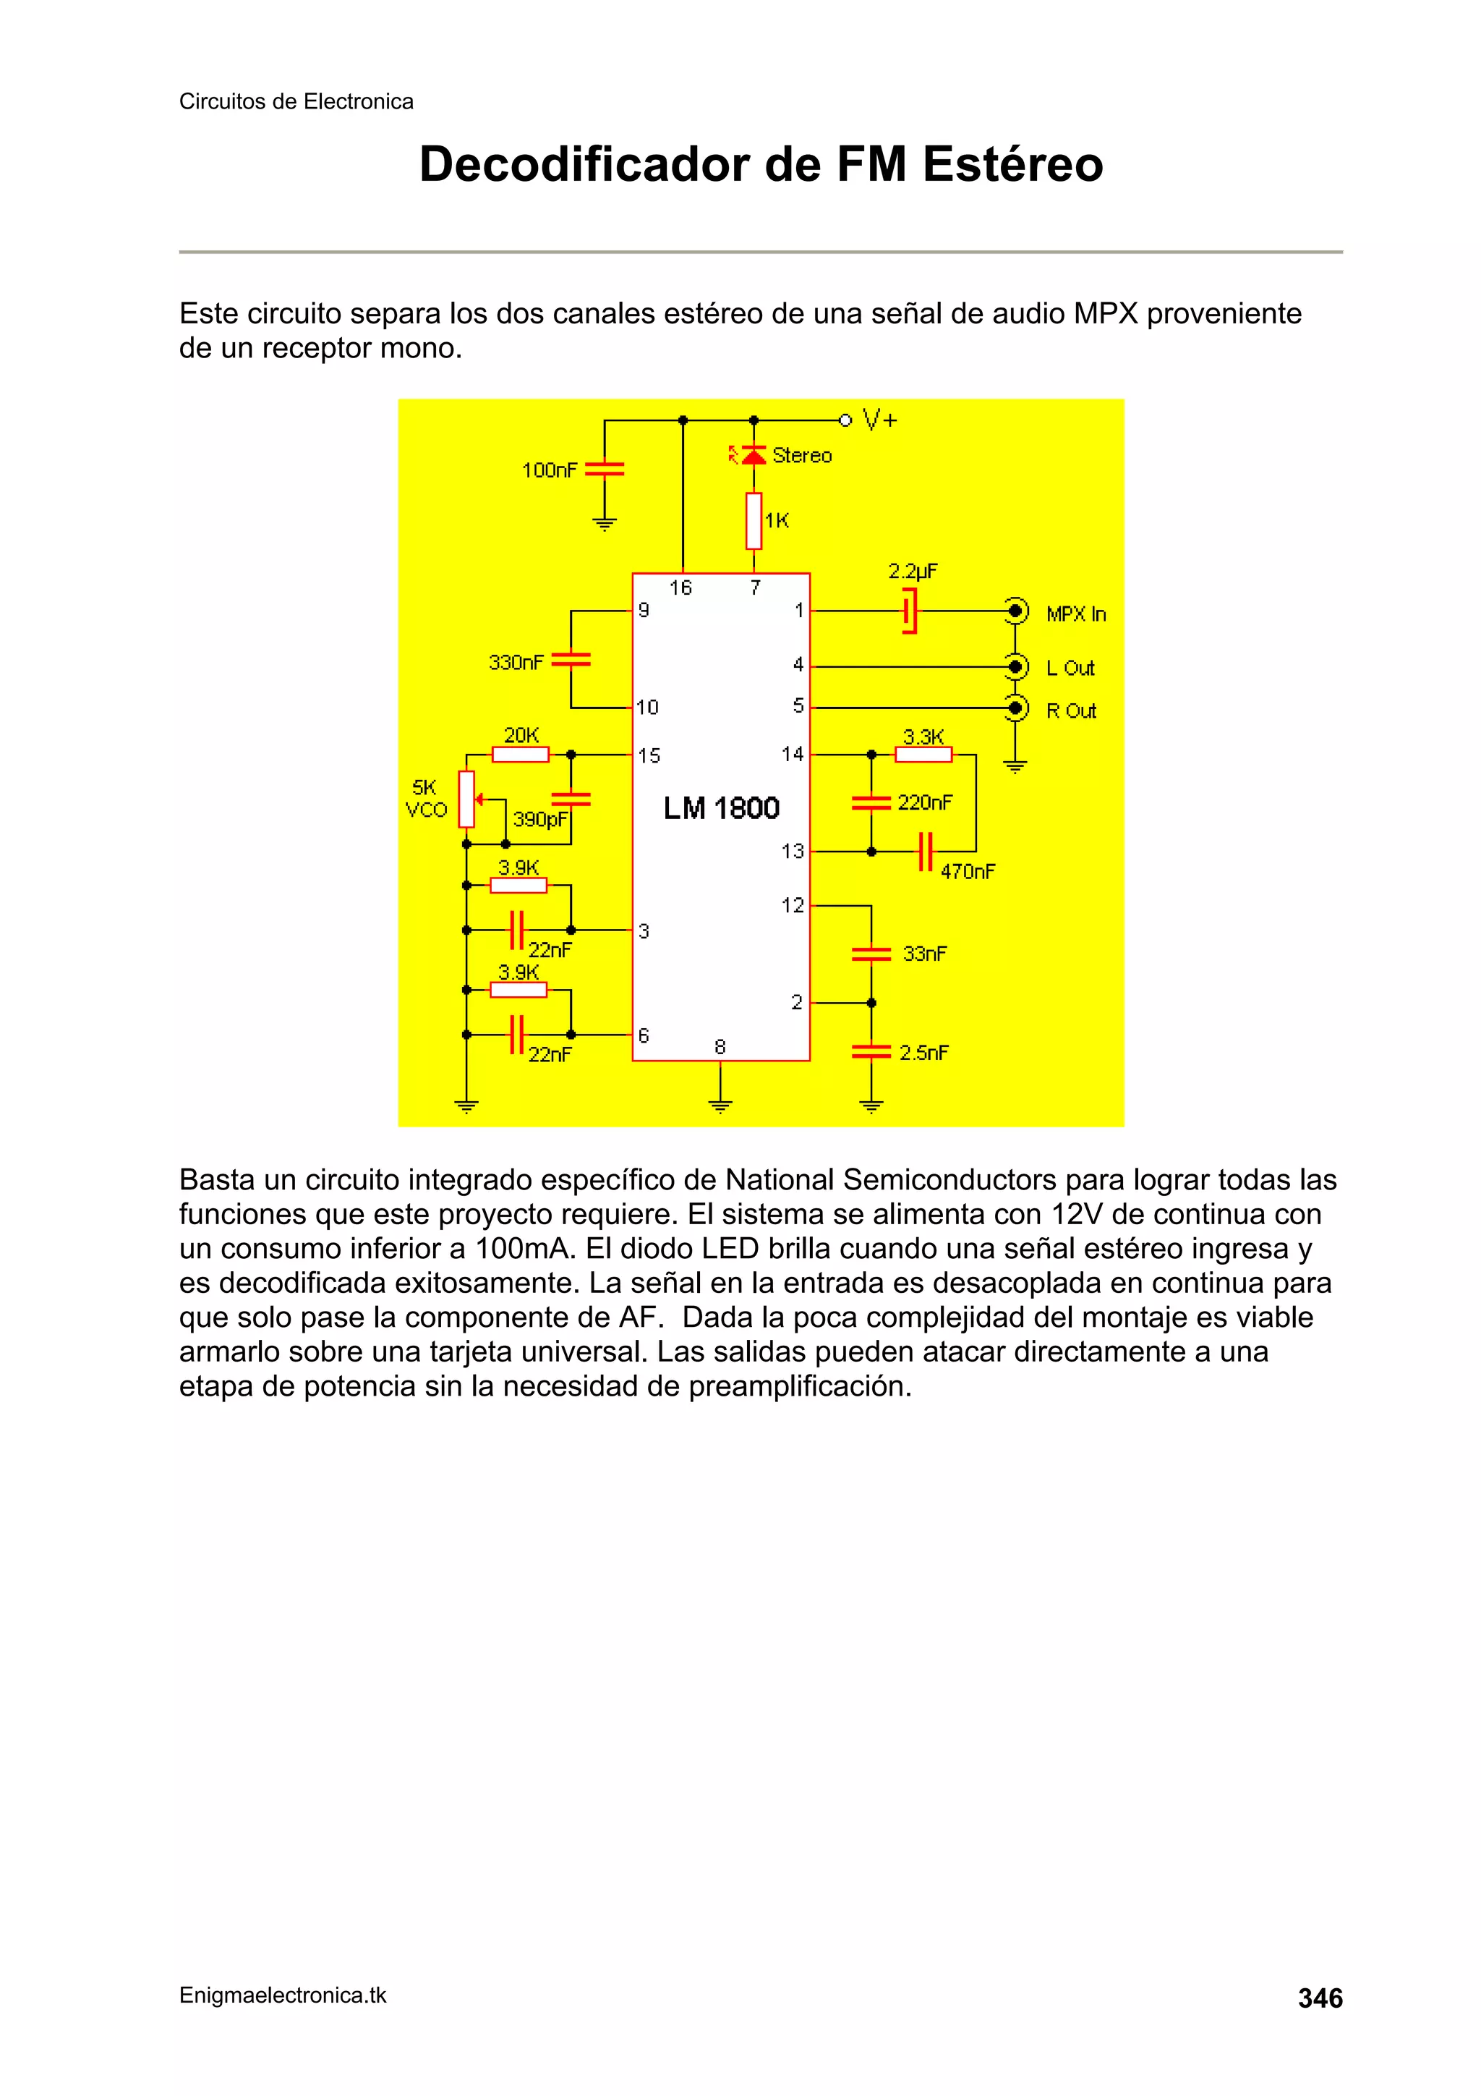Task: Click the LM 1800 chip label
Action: pos(721,808)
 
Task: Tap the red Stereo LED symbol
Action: pos(753,454)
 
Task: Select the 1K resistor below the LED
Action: pos(754,521)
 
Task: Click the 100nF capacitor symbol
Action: pos(604,470)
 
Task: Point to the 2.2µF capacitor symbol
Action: pos(909,611)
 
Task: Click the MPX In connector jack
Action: pos(1015,611)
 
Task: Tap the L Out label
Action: pos(1070,669)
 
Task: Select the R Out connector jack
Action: pos(1015,708)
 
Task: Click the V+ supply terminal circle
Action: pos(845,420)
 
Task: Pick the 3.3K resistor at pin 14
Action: pos(923,754)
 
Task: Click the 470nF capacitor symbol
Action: pos(926,851)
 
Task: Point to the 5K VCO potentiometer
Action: pos(466,799)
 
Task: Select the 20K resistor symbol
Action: pos(520,754)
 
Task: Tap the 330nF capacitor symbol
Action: pos(571,659)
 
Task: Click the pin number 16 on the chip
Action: pos(680,588)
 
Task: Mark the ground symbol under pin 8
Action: pos(720,1106)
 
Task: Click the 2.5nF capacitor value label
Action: pos(923,1053)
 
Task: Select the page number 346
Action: pos(1320,1998)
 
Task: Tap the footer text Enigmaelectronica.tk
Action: pos(283,1995)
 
